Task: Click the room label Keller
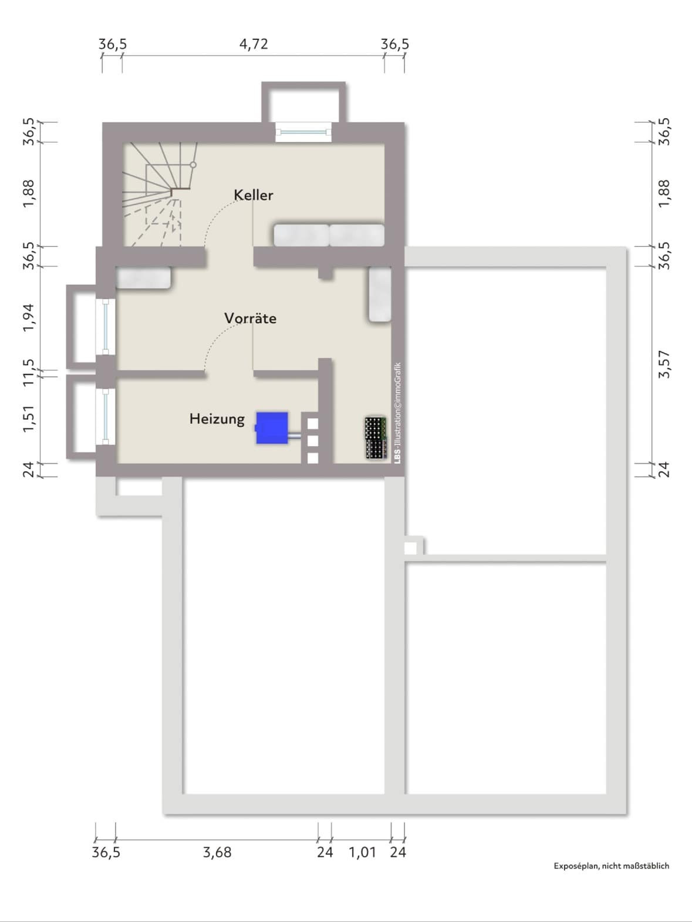(x=254, y=195)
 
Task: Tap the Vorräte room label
(x=251, y=318)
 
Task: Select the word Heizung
(x=217, y=419)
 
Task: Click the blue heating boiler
(x=272, y=428)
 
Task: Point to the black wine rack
(x=376, y=437)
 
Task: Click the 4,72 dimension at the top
(x=254, y=44)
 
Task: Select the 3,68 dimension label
(x=217, y=852)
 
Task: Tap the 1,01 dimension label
(x=362, y=852)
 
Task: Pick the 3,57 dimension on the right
(x=664, y=364)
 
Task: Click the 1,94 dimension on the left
(x=29, y=317)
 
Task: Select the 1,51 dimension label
(x=29, y=418)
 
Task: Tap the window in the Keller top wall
(x=303, y=132)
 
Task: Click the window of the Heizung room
(x=106, y=416)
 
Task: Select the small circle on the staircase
(x=193, y=165)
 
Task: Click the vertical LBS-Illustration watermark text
(x=397, y=413)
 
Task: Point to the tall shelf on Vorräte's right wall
(x=380, y=294)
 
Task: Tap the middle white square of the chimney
(x=312, y=441)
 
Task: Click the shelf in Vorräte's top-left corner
(x=143, y=277)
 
